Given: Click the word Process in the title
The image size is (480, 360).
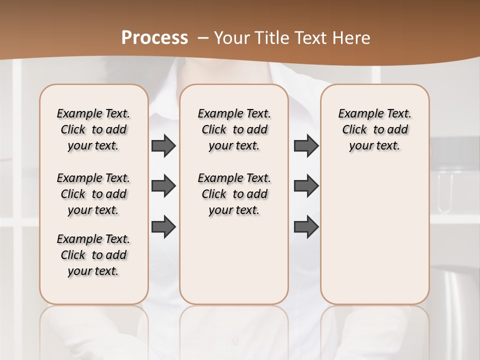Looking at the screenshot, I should pos(154,38).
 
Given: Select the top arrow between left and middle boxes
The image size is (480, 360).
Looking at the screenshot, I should pos(163,146).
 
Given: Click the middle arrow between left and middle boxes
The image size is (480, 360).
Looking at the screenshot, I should pos(163,186).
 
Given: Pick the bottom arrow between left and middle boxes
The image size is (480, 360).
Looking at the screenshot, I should pos(163,227).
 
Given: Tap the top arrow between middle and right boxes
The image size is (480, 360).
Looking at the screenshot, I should pos(306,146).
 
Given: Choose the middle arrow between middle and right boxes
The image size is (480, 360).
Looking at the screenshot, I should pos(306,186).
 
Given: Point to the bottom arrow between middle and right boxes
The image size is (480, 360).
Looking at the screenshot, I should pos(306,227).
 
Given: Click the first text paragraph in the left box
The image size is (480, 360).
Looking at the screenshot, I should pos(93,129).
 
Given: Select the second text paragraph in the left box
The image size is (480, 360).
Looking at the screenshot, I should pos(93,194).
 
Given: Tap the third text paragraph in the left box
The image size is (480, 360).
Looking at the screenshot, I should pos(93,255).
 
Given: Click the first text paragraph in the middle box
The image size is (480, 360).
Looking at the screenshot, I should pos(234,129).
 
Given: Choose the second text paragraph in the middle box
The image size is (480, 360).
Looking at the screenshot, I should pos(234,194).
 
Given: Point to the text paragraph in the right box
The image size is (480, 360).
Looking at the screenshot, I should pos(375,129).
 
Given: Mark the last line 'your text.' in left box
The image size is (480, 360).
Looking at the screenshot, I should pos(93,271).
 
